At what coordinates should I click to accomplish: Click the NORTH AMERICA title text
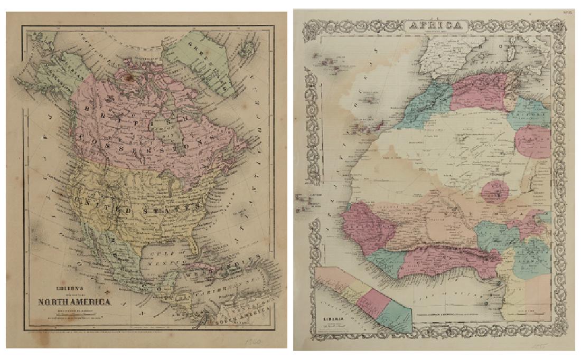coord(73,302)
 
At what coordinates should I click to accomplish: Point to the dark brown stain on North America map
coord(127,77)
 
